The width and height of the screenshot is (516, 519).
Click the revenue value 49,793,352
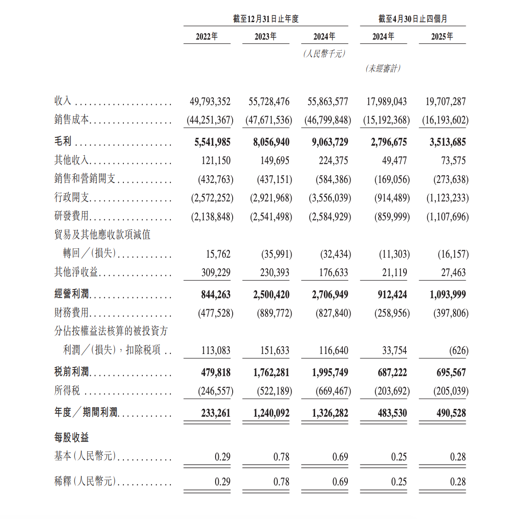coord(210,101)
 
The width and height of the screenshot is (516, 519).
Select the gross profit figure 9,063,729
coord(330,142)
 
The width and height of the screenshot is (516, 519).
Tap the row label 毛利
coord(63,142)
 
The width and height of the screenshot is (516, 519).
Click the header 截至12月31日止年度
coord(266,19)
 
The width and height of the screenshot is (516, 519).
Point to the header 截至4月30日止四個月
coord(413,19)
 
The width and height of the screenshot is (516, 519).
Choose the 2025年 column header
coord(442,36)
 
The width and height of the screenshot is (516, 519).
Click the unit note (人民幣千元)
coord(324,54)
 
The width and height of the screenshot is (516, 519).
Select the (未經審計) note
coord(383,69)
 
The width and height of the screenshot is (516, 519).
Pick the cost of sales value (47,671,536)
coord(269,120)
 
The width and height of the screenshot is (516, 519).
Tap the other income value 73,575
coord(453,160)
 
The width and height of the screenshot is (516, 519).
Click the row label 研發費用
coord(71,216)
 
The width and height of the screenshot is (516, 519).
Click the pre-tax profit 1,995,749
coord(330,372)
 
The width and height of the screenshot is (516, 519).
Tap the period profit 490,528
coord(451,413)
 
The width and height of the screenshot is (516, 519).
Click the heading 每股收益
coord(71,437)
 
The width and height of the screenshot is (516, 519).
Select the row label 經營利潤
coord(71,294)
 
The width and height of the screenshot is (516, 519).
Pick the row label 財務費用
coord(71,313)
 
